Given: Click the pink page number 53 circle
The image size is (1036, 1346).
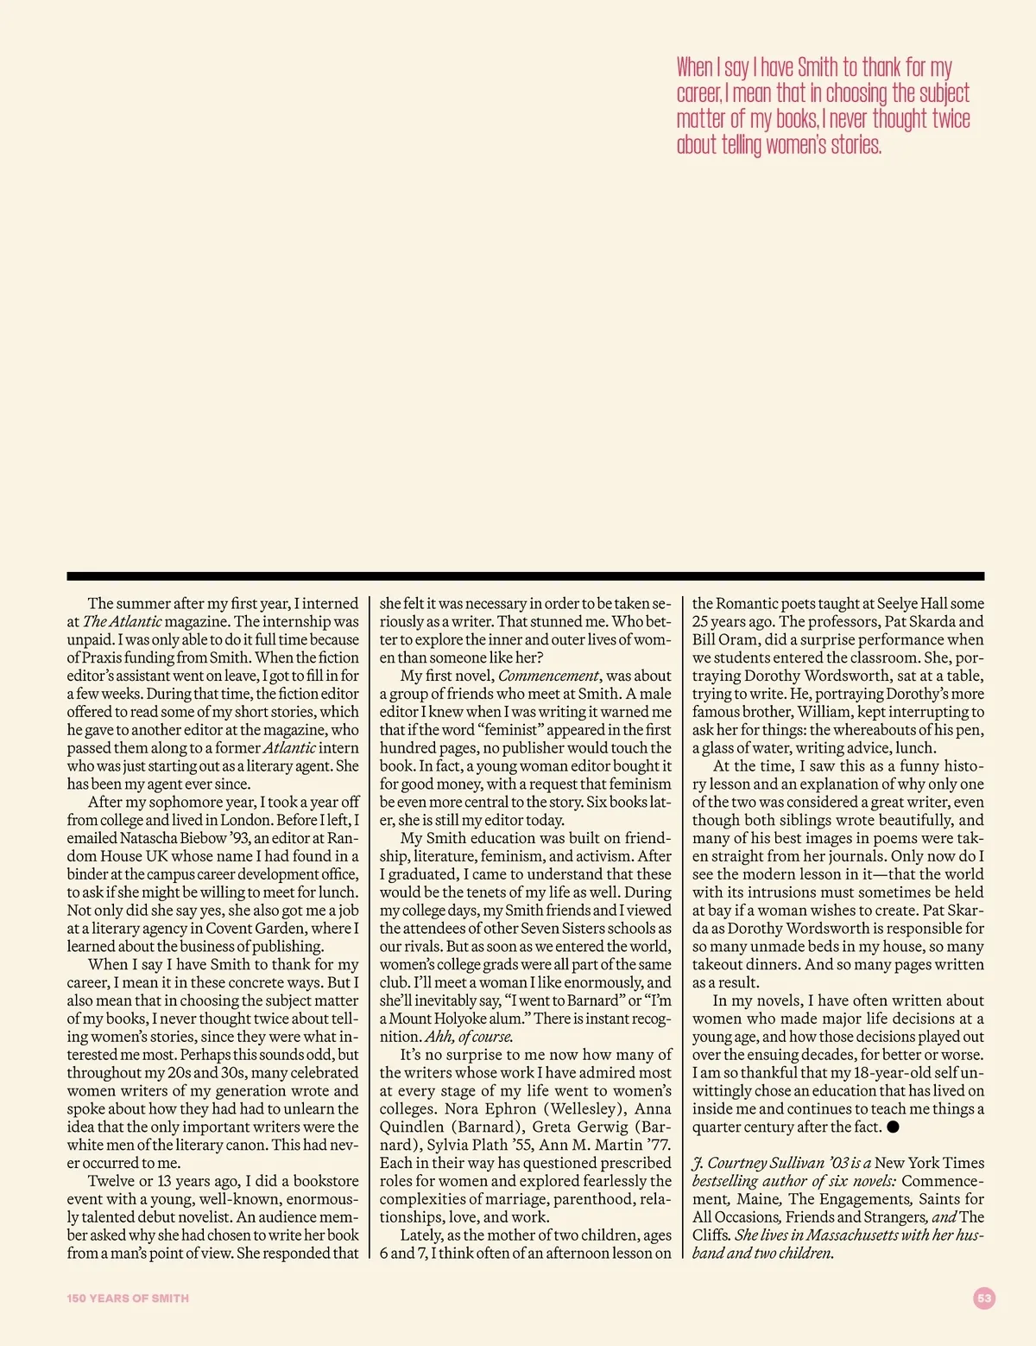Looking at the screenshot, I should pyautogui.click(x=984, y=1298).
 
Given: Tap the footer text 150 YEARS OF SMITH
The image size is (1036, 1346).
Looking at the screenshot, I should pyautogui.click(x=128, y=1298).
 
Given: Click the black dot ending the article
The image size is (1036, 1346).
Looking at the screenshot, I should pyautogui.click(x=893, y=1127).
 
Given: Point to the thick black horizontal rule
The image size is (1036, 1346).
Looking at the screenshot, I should pyautogui.click(x=525, y=575).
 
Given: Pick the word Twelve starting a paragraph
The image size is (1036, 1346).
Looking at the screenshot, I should pyautogui.click(x=111, y=1181).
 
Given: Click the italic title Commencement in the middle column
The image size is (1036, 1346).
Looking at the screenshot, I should pyautogui.click(x=548, y=676).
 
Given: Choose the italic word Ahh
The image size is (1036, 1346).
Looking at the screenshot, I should pyautogui.click(x=439, y=1037).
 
